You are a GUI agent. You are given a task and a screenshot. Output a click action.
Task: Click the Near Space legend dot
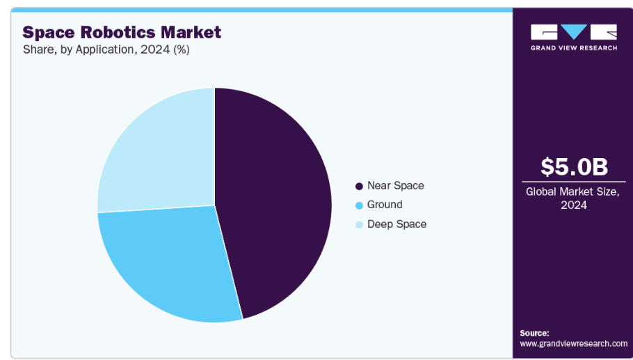(359, 186)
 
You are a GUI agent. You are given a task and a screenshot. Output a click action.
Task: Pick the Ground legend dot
(359, 205)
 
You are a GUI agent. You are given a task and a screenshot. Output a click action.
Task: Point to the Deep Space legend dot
(359, 224)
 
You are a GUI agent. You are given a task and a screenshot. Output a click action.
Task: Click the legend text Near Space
(395, 185)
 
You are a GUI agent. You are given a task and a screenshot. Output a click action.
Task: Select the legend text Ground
(385, 205)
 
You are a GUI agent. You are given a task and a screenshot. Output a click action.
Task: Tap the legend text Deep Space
(396, 224)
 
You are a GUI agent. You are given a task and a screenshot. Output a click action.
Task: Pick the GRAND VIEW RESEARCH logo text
(574, 48)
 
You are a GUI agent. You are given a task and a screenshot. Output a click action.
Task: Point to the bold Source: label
(534, 333)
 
